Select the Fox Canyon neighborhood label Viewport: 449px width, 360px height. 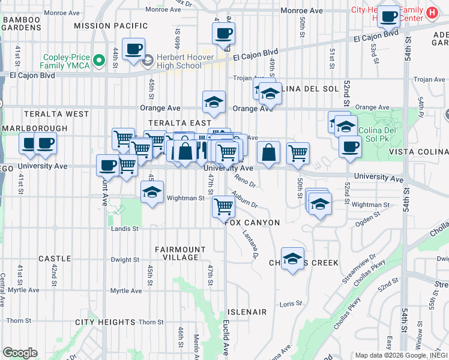253,223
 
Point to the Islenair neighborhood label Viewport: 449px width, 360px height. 247,312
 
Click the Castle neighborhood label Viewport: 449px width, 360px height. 55,259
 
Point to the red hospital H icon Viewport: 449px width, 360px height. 431,12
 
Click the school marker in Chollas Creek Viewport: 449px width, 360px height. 292,259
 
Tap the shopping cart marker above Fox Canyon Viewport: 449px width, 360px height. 224,207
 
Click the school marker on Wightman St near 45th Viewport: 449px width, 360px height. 152,193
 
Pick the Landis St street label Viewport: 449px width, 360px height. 125,229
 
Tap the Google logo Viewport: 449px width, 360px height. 20,353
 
